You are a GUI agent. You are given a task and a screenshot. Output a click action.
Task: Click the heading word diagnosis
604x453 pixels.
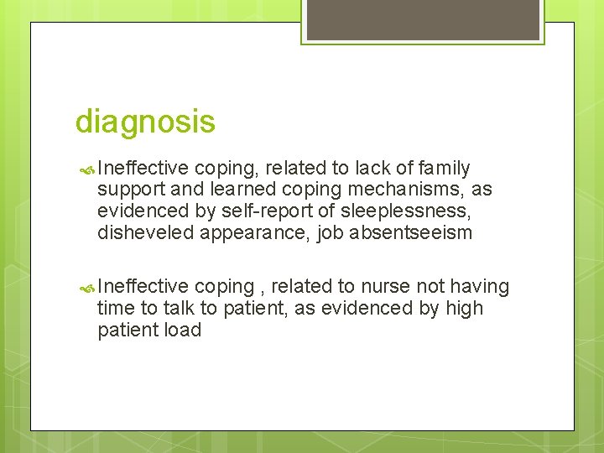(145, 122)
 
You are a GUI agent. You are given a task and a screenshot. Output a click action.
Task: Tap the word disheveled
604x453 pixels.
(145, 233)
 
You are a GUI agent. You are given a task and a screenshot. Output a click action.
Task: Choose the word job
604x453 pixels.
(332, 233)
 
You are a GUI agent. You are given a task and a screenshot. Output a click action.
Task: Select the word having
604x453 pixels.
(480, 287)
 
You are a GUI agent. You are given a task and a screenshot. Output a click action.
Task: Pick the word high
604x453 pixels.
(465, 308)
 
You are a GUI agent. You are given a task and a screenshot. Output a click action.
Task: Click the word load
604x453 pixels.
(184, 330)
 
